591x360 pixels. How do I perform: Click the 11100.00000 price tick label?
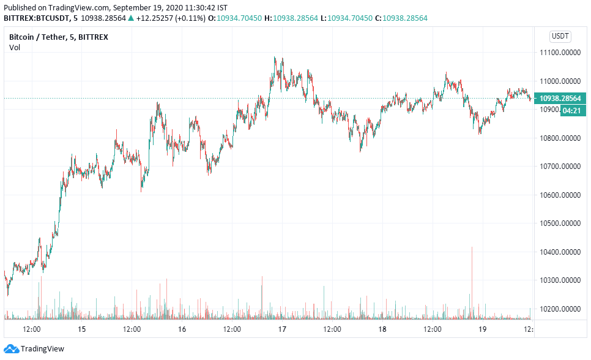coord(560,53)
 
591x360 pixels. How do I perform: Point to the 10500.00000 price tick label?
coord(560,223)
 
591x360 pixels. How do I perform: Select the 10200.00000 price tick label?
coord(560,309)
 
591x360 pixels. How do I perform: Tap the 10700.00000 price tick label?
coord(560,167)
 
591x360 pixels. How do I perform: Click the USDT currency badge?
coord(560,36)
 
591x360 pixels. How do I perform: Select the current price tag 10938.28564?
coord(560,98)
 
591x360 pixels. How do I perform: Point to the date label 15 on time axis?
coord(82,329)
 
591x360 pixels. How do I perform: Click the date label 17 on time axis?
coord(282,329)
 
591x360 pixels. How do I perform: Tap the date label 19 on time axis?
coord(482,329)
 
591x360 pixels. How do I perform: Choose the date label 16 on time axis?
coord(182,329)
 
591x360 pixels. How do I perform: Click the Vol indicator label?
coord(14,48)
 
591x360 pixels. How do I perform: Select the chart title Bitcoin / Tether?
coord(36,37)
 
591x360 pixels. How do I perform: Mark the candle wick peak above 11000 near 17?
coord(275,57)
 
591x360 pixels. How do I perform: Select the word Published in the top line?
coord(20,7)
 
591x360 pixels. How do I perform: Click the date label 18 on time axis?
coord(382,329)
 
